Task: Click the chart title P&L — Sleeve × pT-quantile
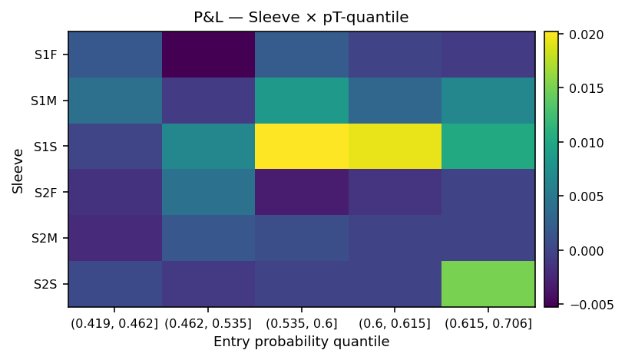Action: tap(300, 17)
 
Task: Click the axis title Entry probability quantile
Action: tap(301, 342)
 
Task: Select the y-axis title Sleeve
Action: tap(18, 170)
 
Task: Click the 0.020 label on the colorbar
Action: tap(587, 35)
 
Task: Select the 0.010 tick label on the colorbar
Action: tap(587, 143)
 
